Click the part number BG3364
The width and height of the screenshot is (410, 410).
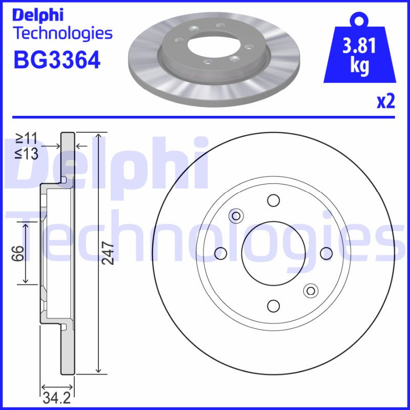click(56, 60)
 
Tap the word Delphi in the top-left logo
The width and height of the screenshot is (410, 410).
click(38, 15)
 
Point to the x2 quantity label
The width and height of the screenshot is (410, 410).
click(386, 102)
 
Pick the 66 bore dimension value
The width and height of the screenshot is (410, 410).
click(18, 253)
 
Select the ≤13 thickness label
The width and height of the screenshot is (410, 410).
click(26, 153)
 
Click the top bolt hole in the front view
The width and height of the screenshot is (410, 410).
click(273, 200)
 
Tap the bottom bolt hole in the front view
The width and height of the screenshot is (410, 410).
click(273, 306)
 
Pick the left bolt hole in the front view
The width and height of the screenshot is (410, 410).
click(220, 253)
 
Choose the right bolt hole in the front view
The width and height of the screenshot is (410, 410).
click(326, 253)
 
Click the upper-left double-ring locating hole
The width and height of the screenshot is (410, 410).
click(236, 216)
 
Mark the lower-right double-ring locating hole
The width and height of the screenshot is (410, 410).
click(310, 291)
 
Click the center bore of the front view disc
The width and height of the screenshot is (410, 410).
click(273, 253)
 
